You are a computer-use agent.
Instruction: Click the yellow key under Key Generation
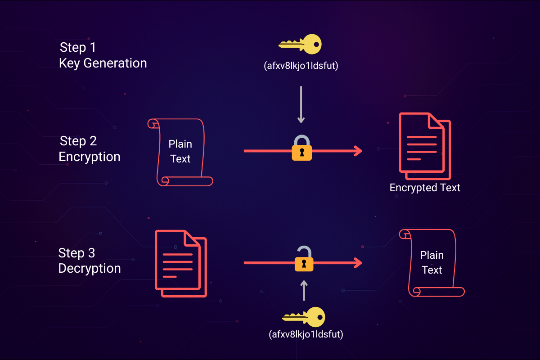[x=300, y=45]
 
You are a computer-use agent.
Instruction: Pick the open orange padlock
[x=304, y=260]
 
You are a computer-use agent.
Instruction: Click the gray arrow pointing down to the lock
[x=301, y=104]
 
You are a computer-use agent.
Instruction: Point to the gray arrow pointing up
[x=304, y=290]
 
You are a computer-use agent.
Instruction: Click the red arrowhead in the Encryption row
[x=358, y=151]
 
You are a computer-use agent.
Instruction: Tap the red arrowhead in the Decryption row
[x=358, y=262]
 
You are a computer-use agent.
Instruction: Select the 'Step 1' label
[x=78, y=47]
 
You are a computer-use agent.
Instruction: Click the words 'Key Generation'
[x=103, y=63]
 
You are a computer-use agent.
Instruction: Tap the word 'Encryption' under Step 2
[x=90, y=157]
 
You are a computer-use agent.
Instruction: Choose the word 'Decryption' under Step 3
[x=90, y=269]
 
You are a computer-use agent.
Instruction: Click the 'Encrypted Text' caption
[x=425, y=188]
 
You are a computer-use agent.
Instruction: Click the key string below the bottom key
[x=306, y=335]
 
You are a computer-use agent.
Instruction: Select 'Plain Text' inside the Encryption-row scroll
[x=180, y=151]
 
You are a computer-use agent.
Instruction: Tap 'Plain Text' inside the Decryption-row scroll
[x=432, y=262]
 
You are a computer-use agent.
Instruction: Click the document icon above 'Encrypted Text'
[x=424, y=145]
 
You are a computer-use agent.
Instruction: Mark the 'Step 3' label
[x=76, y=253]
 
